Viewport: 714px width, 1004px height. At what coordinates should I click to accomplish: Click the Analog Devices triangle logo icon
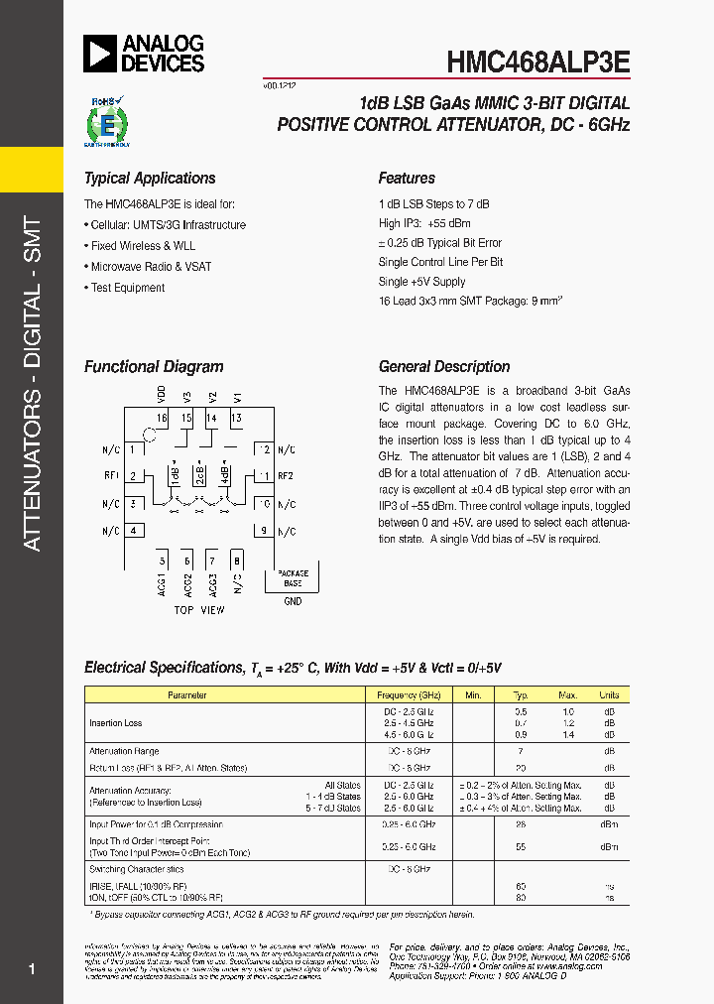coord(100,55)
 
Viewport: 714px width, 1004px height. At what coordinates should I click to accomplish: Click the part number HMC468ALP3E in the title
coord(537,61)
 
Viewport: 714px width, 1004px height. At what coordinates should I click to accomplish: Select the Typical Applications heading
coord(150,179)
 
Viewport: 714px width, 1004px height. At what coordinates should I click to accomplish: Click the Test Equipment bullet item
coord(127,288)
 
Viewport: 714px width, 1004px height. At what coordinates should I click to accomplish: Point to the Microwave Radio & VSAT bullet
coord(150,267)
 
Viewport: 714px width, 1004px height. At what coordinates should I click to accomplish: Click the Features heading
coord(407,179)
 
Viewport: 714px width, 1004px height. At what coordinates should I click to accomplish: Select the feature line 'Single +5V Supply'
coord(421,282)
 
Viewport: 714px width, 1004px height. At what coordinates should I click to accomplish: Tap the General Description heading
coord(444,367)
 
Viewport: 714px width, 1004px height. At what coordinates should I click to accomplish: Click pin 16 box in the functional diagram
coord(162,418)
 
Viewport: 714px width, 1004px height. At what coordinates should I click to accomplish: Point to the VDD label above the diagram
coord(162,394)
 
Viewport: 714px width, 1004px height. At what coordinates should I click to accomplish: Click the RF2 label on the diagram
coord(286,475)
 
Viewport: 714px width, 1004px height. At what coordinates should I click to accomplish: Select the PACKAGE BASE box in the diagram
coord(293,578)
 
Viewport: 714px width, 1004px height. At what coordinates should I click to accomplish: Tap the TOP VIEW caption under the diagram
coord(198,610)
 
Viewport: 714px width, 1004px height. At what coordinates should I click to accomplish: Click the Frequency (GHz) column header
coord(410,695)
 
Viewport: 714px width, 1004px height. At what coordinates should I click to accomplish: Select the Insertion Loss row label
coord(115,723)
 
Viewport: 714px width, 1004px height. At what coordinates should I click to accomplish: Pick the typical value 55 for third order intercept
coord(521,847)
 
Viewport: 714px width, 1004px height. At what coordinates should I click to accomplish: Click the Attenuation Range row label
coord(124,752)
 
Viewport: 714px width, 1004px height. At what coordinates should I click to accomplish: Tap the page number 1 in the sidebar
coord(33,969)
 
